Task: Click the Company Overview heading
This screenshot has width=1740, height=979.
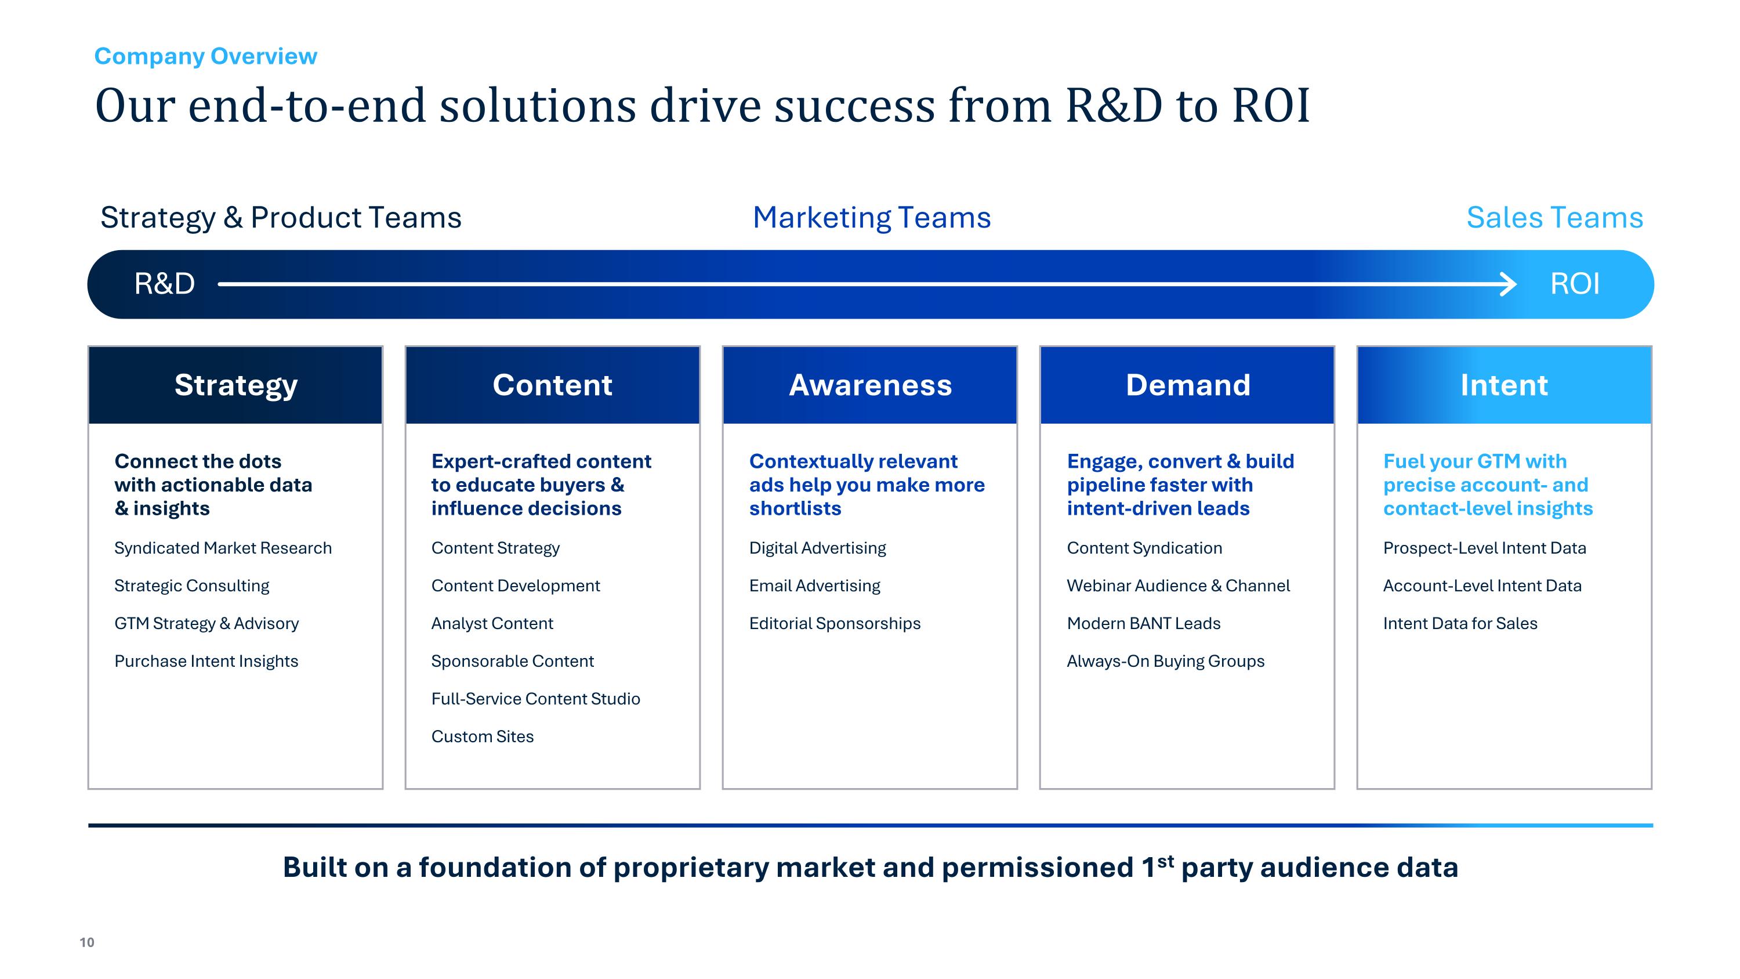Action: [205, 56]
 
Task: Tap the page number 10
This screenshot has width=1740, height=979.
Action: [87, 942]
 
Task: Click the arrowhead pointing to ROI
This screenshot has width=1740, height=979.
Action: [1507, 284]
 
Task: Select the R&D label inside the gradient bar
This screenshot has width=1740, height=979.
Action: [164, 284]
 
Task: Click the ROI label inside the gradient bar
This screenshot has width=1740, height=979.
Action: [1575, 284]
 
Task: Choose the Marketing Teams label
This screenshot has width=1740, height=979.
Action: [871, 218]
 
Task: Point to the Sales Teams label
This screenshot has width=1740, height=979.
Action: [1554, 218]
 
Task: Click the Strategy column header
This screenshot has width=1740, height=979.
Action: [235, 385]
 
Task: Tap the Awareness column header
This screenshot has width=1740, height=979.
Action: [870, 385]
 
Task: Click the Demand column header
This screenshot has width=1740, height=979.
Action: [1187, 385]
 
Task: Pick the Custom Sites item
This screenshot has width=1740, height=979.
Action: [483, 736]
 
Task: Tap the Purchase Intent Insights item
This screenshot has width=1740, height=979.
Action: [206, 661]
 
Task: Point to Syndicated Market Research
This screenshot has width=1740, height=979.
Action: [223, 548]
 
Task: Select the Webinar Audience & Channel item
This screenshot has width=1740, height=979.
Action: [1178, 586]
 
